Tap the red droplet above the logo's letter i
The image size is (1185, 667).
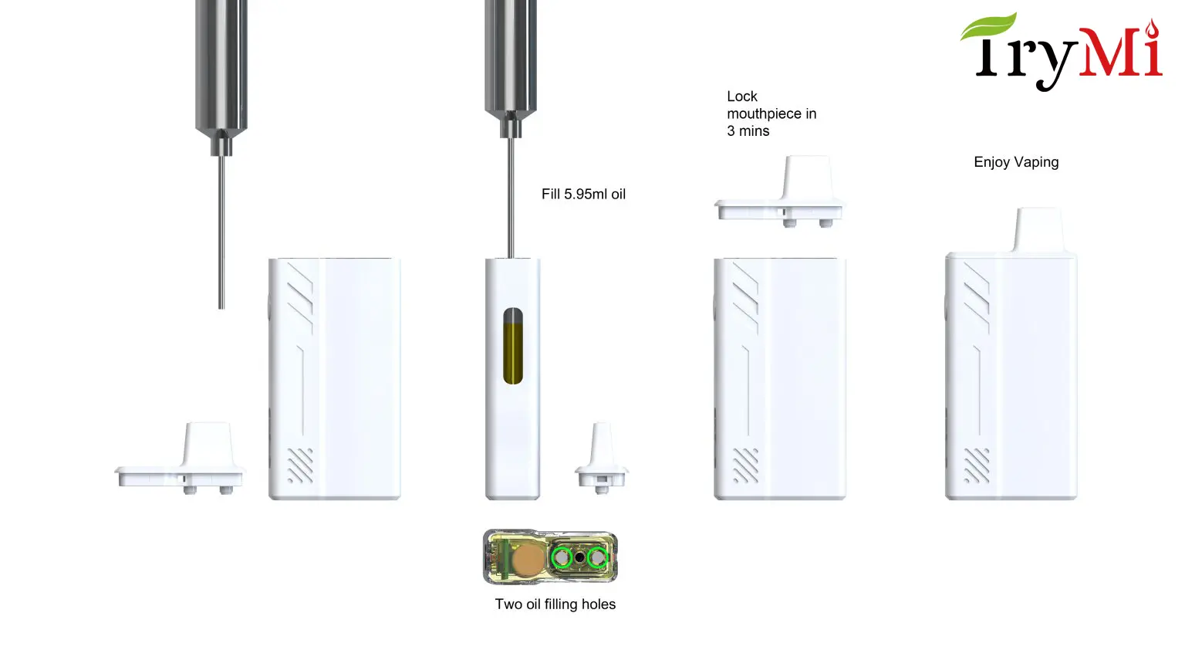tap(1151, 29)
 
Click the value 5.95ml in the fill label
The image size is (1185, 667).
tap(586, 195)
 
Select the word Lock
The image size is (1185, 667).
tap(742, 96)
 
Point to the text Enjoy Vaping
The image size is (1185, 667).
tap(1016, 162)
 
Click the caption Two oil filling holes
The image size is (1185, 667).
tap(555, 604)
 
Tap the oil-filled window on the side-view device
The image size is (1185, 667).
tap(513, 346)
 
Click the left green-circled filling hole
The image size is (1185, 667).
tap(563, 557)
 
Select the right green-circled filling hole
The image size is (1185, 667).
tap(597, 557)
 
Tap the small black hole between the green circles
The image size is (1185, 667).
tap(580, 557)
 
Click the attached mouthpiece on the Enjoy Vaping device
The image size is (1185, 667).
tap(1038, 229)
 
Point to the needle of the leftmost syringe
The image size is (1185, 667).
tap(221, 232)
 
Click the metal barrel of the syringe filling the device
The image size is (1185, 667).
tap(511, 54)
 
